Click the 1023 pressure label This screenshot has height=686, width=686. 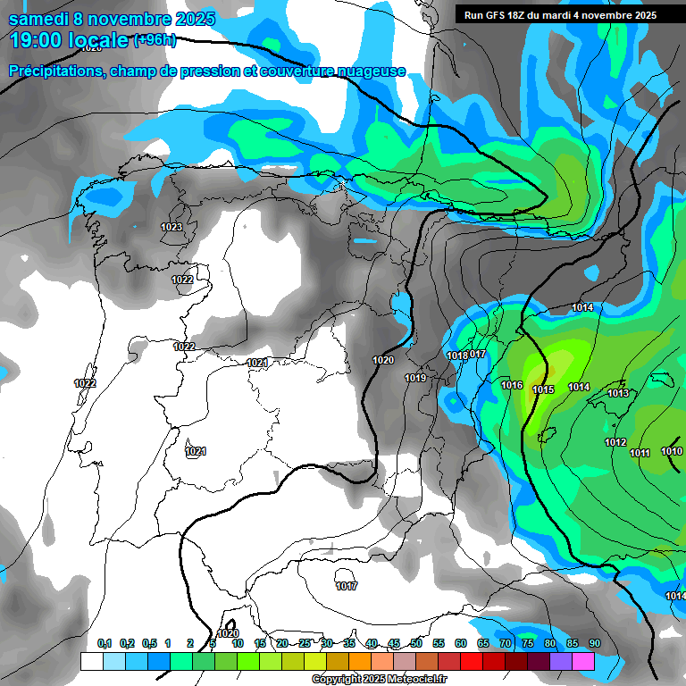coord(171,227)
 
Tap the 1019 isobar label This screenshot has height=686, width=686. coord(415,378)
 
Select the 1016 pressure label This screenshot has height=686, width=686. coord(512,385)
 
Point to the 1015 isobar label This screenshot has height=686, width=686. coord(543,389)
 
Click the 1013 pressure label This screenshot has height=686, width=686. coord(618,393)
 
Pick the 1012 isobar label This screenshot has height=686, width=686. coord(615,442)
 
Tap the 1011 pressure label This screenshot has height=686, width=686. coord(640,453)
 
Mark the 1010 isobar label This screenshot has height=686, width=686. coord(672,451)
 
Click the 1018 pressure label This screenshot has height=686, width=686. coord(457,356)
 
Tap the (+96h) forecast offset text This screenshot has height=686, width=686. coord(155,40)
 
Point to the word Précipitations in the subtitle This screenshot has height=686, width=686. coord(54,71)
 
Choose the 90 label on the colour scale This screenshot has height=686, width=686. coord(594,643)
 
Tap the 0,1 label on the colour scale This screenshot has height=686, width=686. coord(105,643)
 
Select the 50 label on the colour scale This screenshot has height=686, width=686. coord(415,643)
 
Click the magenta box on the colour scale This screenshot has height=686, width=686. coord(583,661)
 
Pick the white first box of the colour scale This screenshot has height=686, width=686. coord(91,661)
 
